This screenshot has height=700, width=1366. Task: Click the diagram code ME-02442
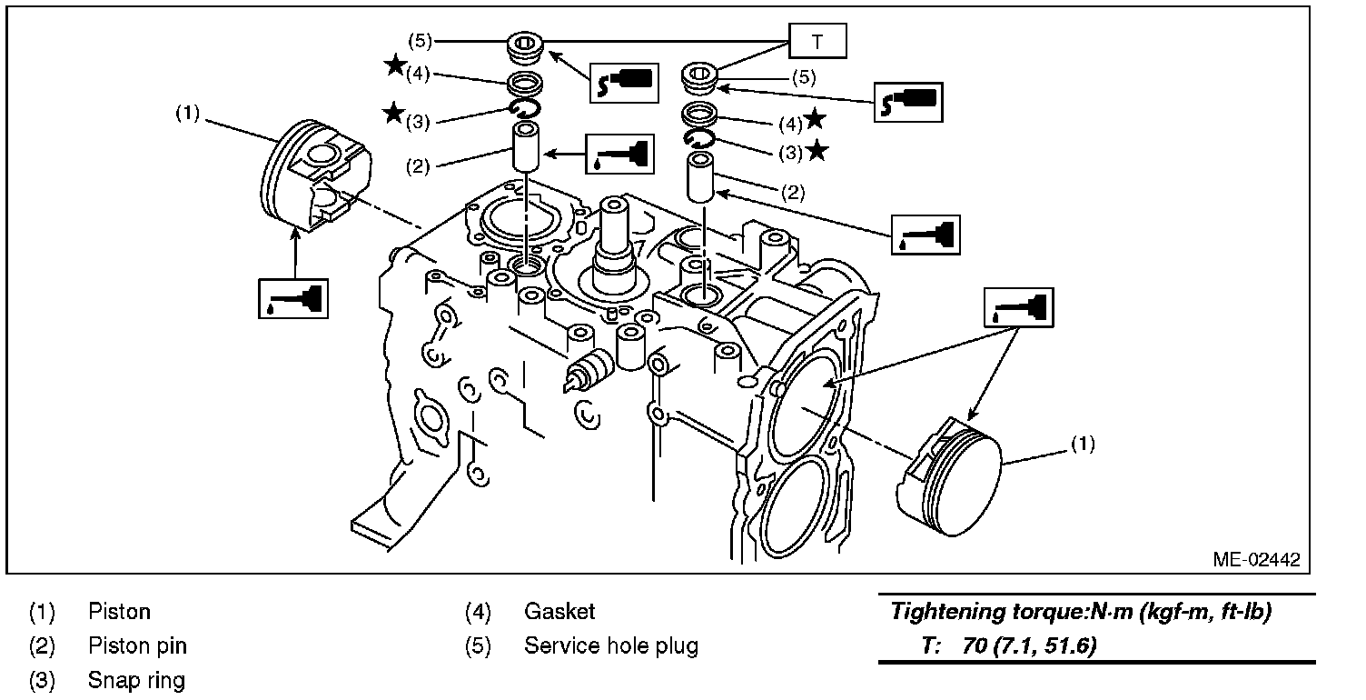pyautogui.click(x=1256, y=559)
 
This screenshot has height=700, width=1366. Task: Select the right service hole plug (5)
pyautogui.click(x=701, y=77)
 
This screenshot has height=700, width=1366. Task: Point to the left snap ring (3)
pyautogui.click(x=524, y=110)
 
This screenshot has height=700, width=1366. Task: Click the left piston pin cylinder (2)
pyautogui.click(x=524, y=149)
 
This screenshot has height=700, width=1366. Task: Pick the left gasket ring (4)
pyautogui.click(x=524, y=85)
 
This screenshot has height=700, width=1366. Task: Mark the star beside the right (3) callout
pyautogui.click(x=817, y=151)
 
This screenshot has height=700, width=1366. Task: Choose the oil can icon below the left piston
pyautogui.click(x=292, y=297)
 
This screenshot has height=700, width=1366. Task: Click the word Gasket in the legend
pyautogui.click(x=559, y=612)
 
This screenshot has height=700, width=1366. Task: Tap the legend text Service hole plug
pyautogui.click(x=610, y=646)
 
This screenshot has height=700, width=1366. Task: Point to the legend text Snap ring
pyautogui.click(x=136, y=680)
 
